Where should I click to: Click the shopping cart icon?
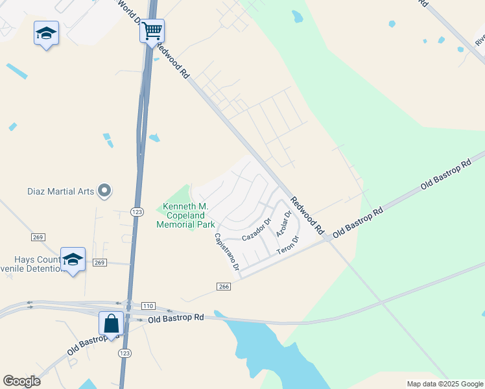coord(152,30)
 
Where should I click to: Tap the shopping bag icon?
coord(111,323)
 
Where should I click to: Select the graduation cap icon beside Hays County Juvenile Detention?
coord(73,259)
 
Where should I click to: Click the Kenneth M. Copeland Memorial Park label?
coord(185,216)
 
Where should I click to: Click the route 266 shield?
coord(223,286)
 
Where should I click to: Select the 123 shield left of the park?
coord(137,212)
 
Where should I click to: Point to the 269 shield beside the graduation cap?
coord(99,262)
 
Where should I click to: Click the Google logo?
coord(21,381)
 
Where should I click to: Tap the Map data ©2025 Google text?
coord(444,384)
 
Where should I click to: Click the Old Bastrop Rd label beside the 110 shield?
coord(176,318)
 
